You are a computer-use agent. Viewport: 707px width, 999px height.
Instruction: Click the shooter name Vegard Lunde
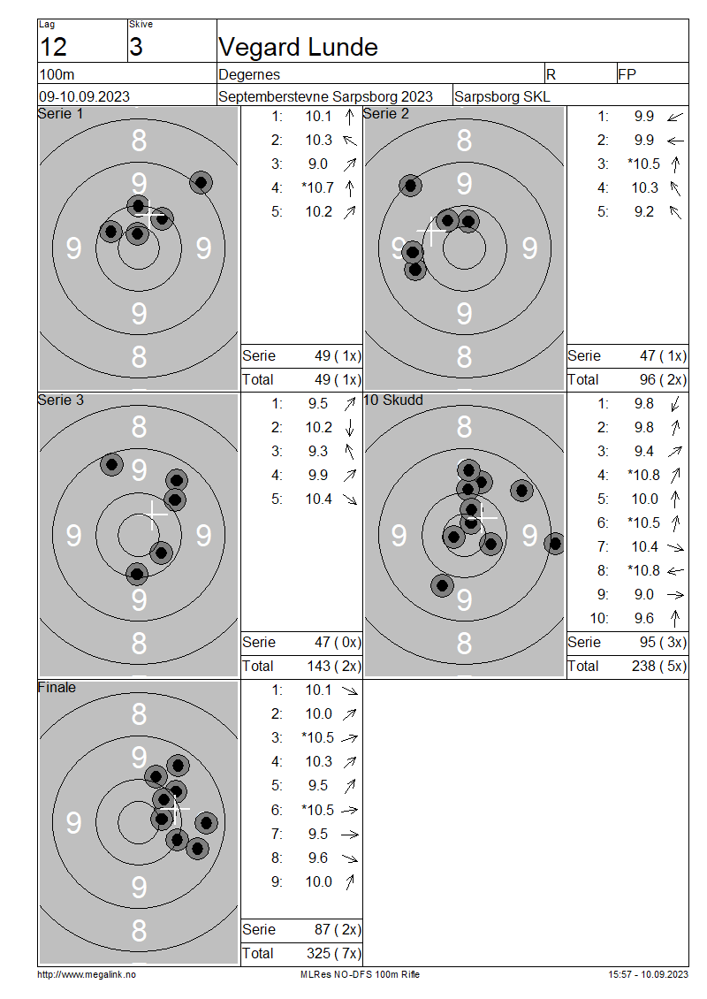tap(298, 47)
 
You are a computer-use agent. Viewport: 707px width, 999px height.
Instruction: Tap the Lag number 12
tap(53, 47)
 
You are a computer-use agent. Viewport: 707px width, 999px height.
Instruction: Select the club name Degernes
tap(249, 74)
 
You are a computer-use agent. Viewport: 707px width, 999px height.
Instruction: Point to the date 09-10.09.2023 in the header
tap(84, 97)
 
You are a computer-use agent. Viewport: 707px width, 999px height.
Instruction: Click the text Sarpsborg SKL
tap(502, 97)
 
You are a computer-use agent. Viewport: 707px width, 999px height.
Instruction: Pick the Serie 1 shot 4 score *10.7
tap(318, 188)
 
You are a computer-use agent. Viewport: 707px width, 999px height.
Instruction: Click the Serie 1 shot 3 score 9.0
tap(318, 164)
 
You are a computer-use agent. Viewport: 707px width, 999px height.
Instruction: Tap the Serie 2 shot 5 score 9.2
tap(644, 211)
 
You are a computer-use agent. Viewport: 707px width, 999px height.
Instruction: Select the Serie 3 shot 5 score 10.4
tap(318, 499)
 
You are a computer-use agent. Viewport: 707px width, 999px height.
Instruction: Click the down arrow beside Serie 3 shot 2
tap(349, 428)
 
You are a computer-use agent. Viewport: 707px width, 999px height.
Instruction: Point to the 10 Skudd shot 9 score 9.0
tap(644, 594)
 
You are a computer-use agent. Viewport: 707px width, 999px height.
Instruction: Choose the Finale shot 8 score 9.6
tap(318, 858)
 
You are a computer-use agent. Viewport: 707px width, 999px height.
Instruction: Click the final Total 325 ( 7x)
tap(334, 953)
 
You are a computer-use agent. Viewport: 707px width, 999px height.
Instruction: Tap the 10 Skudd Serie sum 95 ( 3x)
tap(663, 642)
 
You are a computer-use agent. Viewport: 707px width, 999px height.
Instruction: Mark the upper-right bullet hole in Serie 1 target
tap(201, 183)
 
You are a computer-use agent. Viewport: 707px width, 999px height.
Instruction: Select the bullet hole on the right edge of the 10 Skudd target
tap(555, 544)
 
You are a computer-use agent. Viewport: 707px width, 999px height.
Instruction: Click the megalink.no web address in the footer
tap(86, 974)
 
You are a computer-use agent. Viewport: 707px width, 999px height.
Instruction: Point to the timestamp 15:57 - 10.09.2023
tap(648, 974)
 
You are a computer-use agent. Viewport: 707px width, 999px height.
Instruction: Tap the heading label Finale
tap(57, 688)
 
